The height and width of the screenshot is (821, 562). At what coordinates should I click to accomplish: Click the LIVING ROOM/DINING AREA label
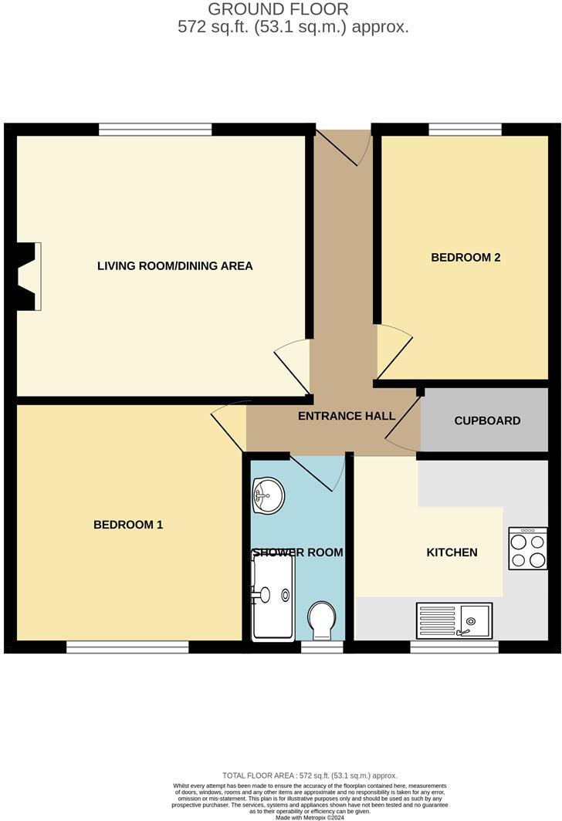tap(174, 266)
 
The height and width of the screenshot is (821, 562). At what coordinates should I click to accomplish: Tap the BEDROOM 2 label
tap(466, 258)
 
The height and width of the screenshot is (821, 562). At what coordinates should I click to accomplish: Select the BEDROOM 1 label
tap(128, 525)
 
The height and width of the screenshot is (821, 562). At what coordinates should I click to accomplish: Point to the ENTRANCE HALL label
tap(347, 416)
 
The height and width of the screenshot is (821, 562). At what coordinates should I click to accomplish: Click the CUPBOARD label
tap(487, 421)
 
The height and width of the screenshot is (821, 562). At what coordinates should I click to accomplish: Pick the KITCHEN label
tap(452, 552)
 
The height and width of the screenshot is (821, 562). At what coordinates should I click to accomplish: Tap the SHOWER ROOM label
tap(297, 552)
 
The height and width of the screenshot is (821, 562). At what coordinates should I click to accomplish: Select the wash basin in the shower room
tap(267, 495)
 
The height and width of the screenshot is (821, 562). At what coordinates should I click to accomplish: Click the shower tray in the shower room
tap(272, 598)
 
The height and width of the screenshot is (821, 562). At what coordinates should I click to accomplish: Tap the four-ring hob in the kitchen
tap(528, 549)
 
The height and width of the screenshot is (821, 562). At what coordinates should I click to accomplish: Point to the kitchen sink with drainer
tap(454, 620)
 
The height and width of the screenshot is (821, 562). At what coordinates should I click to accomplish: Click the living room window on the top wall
tap(155, 129)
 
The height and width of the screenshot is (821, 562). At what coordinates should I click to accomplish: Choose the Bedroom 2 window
tap(466, 129)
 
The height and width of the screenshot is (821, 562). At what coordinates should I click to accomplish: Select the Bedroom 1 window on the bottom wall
tap(127, 647)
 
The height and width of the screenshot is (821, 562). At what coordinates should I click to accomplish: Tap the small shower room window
tap(322, 647)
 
